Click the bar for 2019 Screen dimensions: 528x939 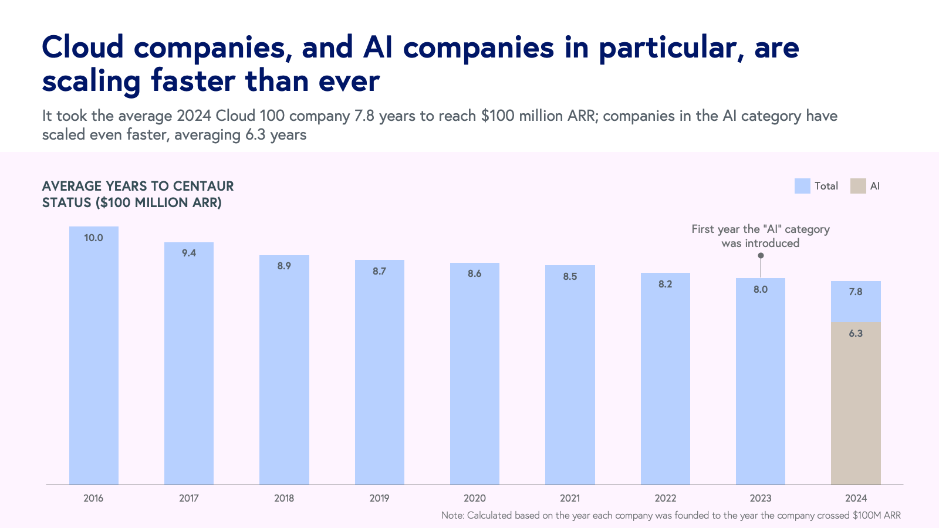379,375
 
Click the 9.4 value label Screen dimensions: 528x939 189,253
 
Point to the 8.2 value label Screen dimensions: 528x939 665,285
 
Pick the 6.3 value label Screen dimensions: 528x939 856,334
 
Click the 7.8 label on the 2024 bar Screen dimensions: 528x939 856,292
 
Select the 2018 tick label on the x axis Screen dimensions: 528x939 284,499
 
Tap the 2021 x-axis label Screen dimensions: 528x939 570,499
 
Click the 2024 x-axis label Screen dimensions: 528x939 856,499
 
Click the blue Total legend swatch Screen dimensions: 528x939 802,186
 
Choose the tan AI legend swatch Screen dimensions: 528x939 858,186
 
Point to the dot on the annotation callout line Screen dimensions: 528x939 761,255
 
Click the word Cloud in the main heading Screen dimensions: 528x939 83,48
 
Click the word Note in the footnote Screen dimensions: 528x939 452,516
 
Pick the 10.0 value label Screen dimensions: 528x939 94,238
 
